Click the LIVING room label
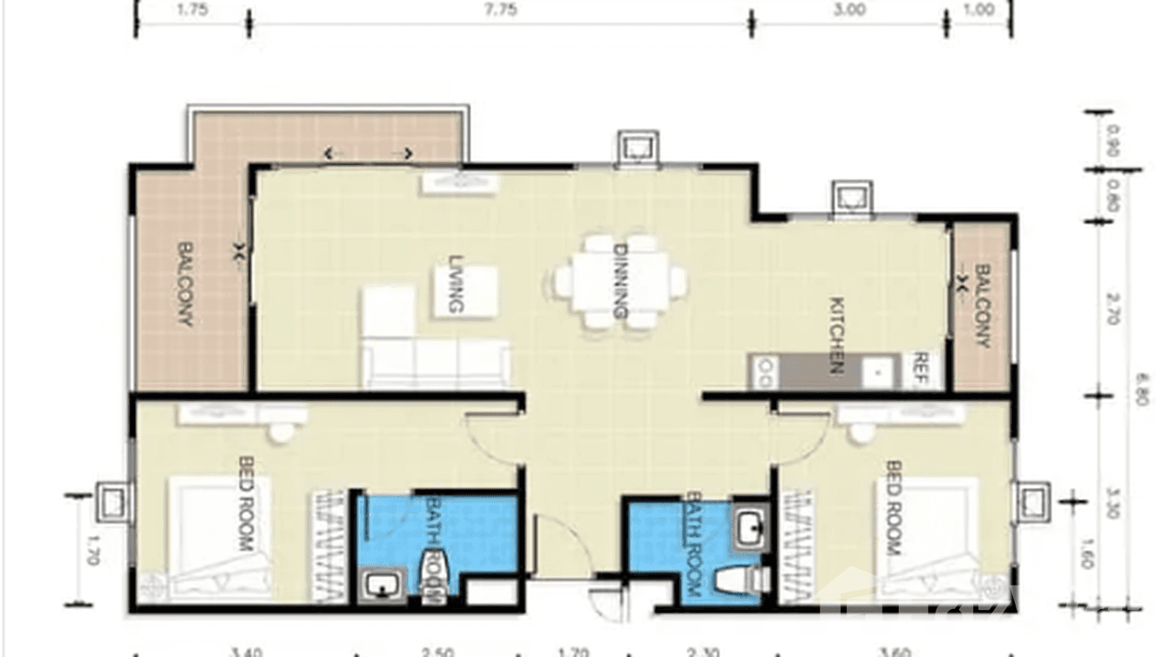point(455,284)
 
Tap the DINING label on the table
point(621,281)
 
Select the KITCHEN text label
point(836,335)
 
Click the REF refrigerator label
point(920,369)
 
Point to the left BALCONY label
point(186,284)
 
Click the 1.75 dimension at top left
point(191,10)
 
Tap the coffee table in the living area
point(466,291)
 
